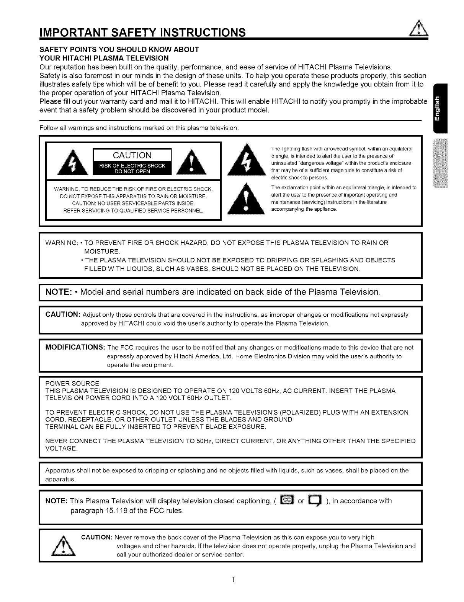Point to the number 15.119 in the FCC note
click(x=121, y=511)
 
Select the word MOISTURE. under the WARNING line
click(x=102, y=251)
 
